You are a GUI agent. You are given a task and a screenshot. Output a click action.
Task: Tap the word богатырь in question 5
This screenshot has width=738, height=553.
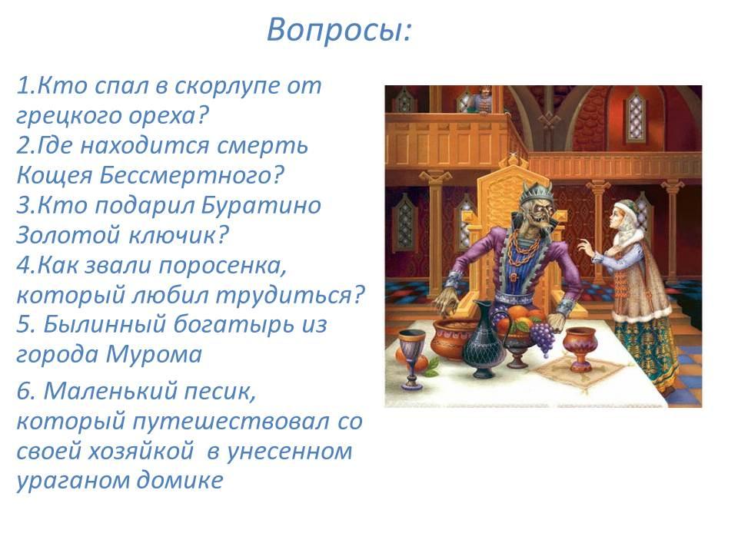point(225,326)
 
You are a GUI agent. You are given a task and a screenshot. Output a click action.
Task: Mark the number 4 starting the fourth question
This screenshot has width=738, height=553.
point(23,265)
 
